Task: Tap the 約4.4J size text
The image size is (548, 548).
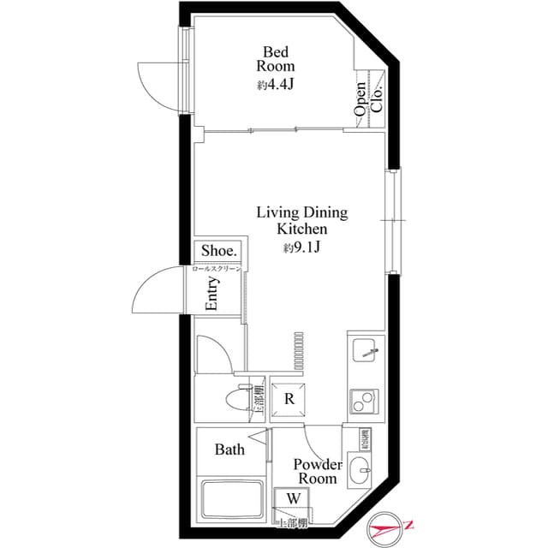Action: [276, 85]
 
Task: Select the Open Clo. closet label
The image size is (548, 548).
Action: [367, 97]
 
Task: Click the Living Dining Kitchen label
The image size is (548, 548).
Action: [302, 221]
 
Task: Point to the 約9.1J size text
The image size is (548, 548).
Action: [301, 248]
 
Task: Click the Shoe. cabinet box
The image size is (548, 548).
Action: [219, 250]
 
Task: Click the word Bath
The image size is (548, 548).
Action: [229, 450]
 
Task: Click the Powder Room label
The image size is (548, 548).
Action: [316, 472]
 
